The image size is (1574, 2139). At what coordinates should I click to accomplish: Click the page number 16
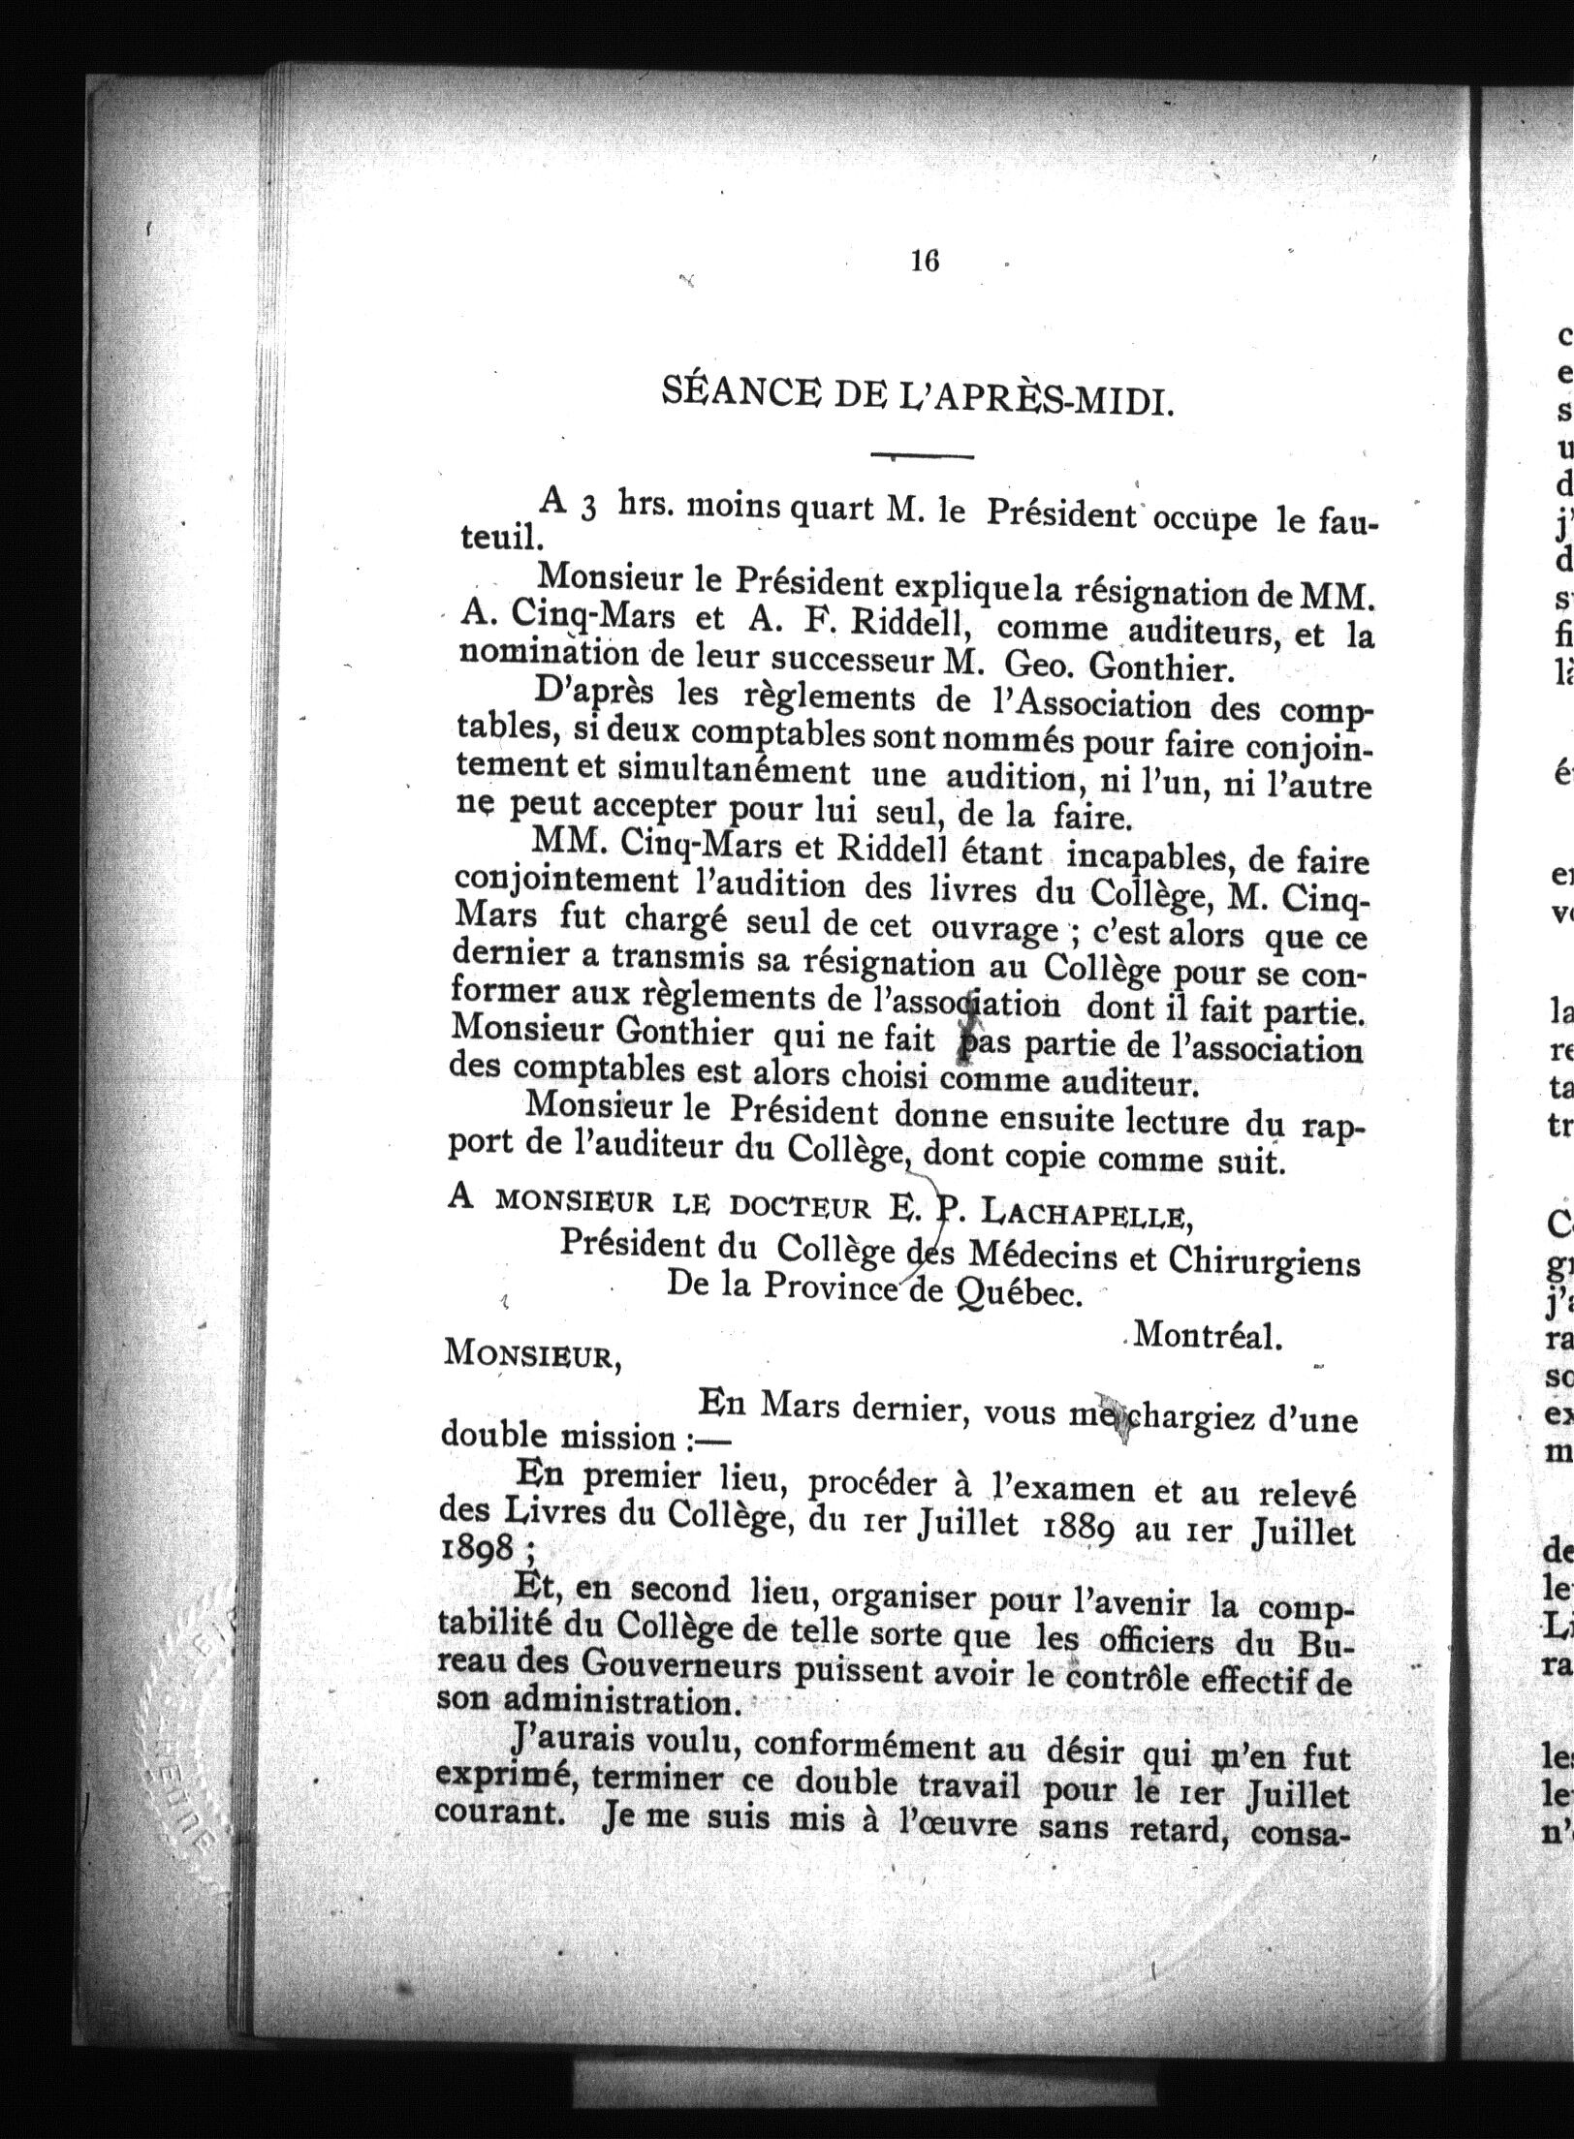(x=925, y=261)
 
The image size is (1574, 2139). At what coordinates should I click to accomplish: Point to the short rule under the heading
(x=922, y=455)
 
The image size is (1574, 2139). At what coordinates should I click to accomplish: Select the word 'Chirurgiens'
(x=1264, y=1262)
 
